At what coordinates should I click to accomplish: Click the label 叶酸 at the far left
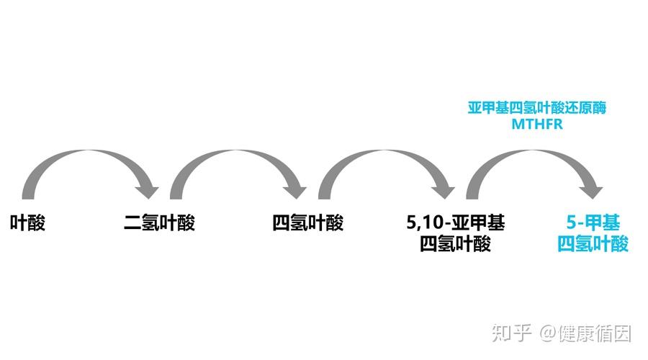coord(27,223)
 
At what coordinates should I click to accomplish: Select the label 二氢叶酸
coord(159,223)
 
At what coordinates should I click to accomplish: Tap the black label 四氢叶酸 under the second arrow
coord(307,223)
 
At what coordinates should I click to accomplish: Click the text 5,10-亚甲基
coord(455,222)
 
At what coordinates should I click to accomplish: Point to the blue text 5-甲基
coord(593,222)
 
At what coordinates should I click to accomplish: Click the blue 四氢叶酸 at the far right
coord(593,244)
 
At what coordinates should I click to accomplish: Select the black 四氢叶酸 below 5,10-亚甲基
coord(455,244)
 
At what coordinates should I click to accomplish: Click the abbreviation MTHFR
coord(536,124)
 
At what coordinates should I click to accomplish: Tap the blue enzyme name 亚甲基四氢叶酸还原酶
coord(537,108)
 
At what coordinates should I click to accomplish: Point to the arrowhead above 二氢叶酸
coord(149,189)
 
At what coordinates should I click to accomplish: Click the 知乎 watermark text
coord(512,333)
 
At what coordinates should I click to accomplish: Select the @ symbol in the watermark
coord(549,333)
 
